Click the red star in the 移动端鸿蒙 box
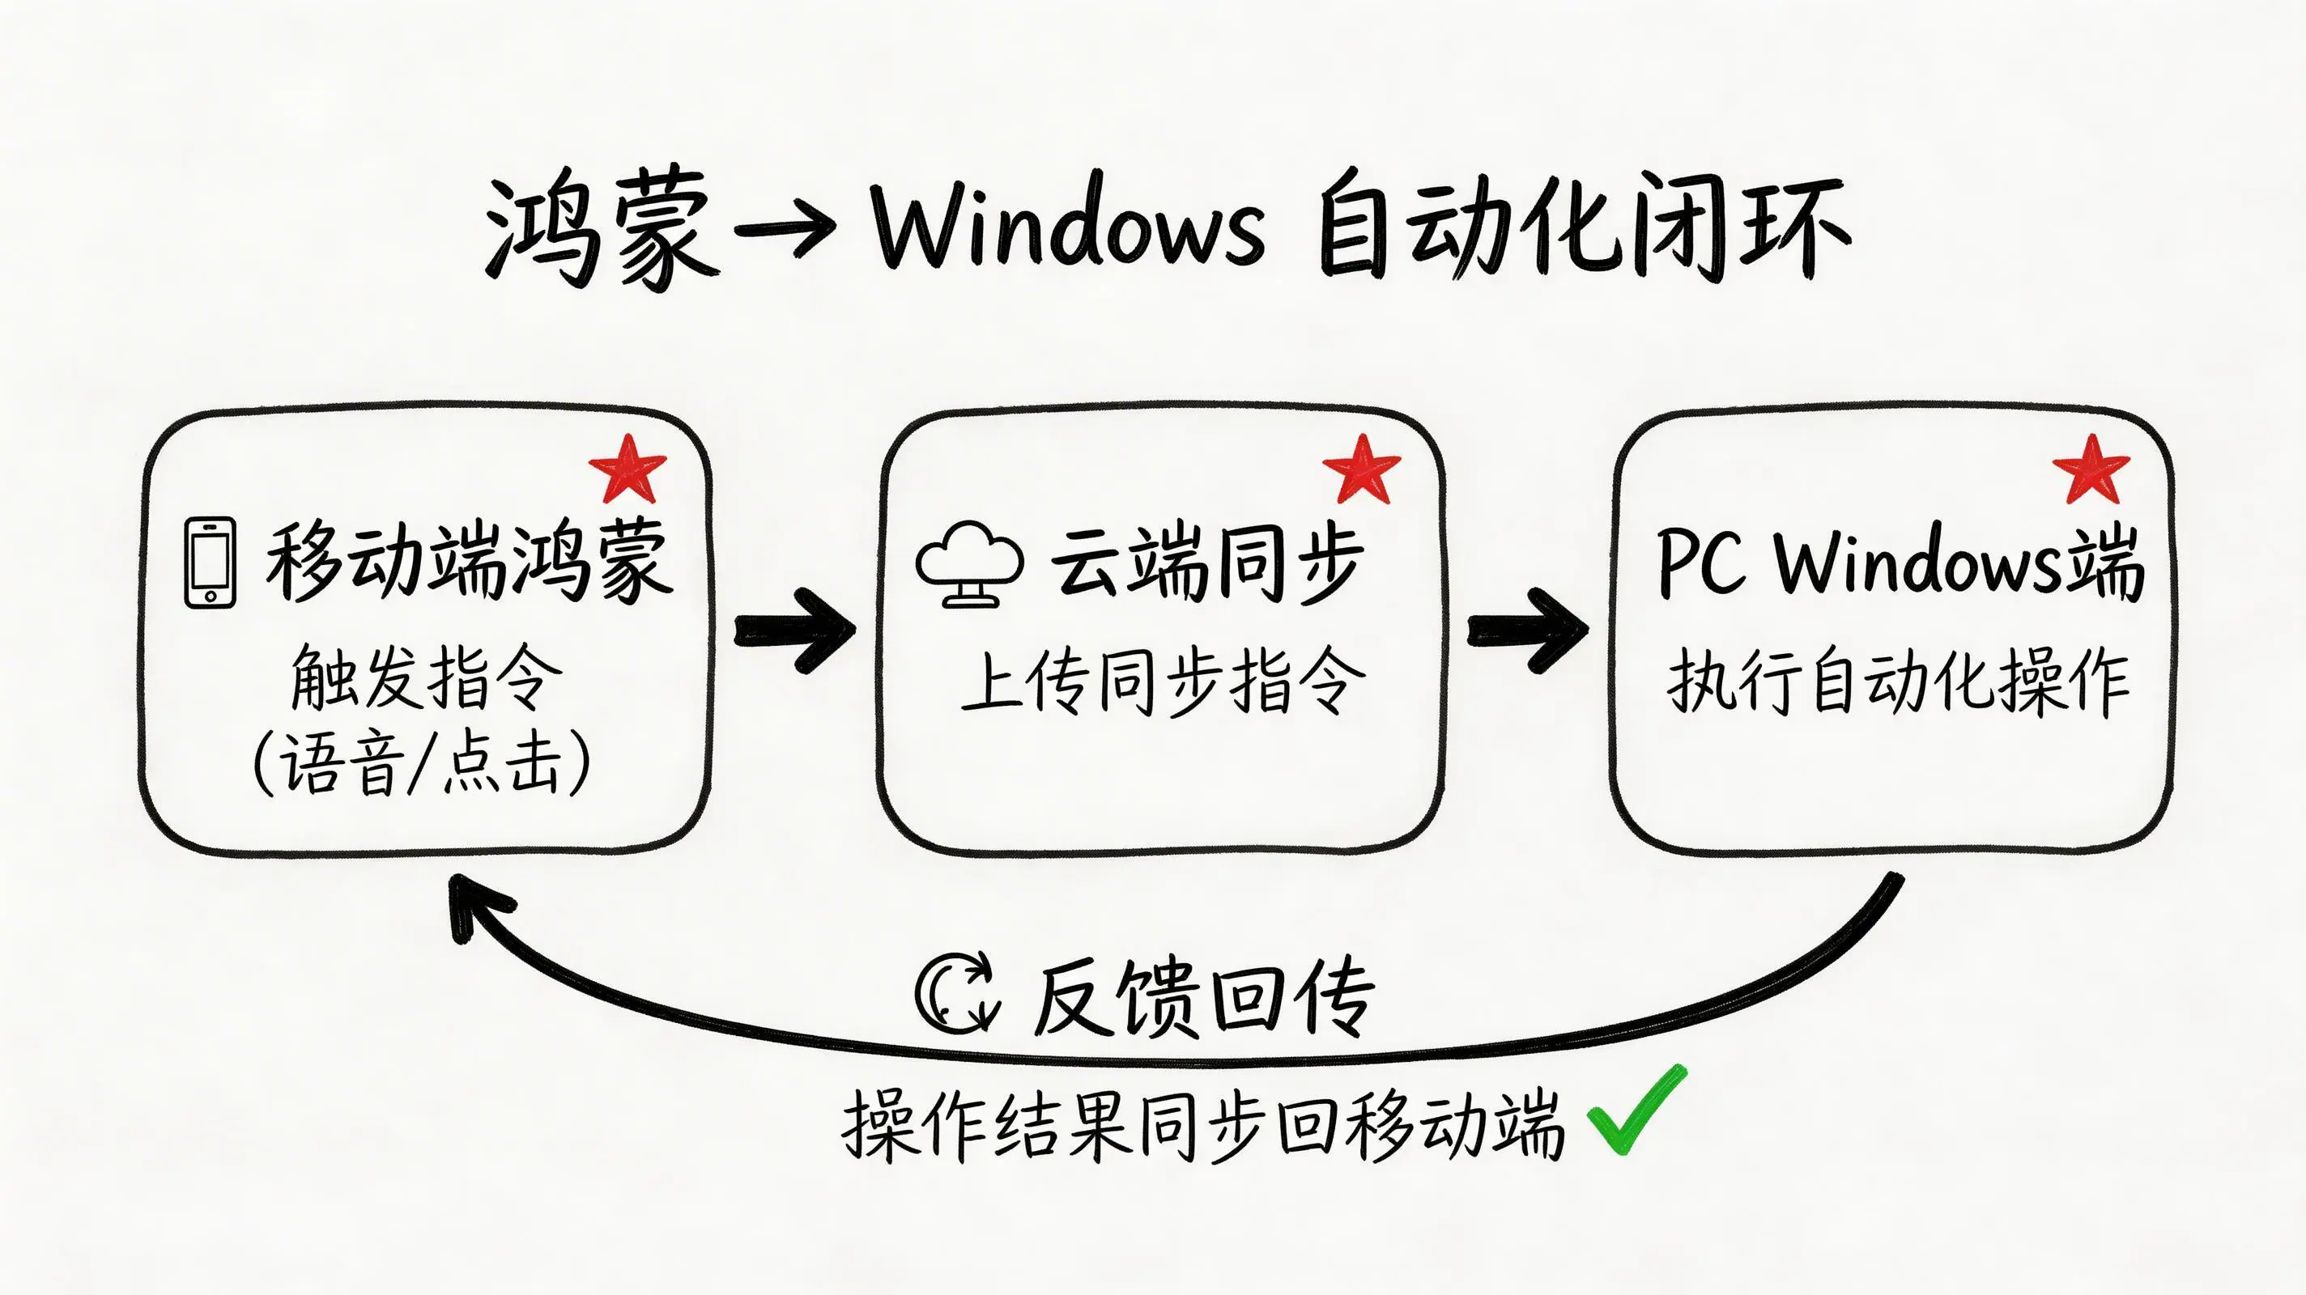[x=628, y=468]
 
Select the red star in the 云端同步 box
[x=1362, y=468]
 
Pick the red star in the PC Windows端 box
[x=2091, y=468]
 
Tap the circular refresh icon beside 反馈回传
[x=956, y=993]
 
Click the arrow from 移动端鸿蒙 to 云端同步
[x=795, y=630]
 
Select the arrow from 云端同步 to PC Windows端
[x=1528, y=630]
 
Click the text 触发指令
[x=426, y=677]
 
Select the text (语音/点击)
[x=422, y=763]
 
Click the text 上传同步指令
[x=1162, y=682]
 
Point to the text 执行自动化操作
[x=1898, y=682]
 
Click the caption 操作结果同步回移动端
[x=1203, y=1125]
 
